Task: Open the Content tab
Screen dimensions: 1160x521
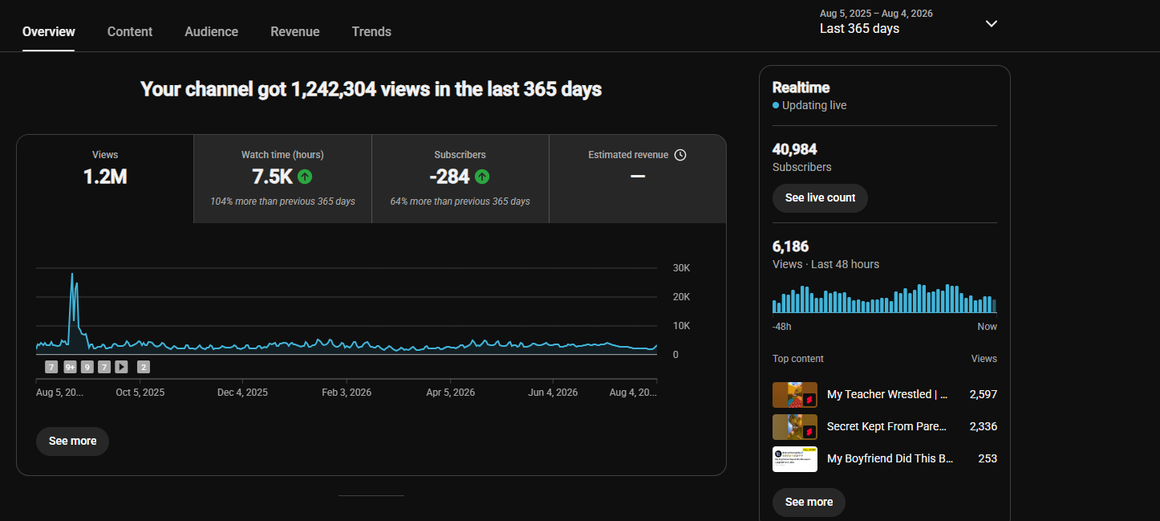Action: tap(129, 31)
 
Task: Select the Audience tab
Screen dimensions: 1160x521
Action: tap(211, 31)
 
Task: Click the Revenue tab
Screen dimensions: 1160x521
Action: tap(294, 31)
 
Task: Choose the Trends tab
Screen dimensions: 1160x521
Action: tap(371, 31)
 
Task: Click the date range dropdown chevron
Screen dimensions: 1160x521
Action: tap(992, 24)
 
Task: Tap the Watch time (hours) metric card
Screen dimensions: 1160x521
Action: tap(282, 179)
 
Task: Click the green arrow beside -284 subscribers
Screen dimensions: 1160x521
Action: tap(482, 177)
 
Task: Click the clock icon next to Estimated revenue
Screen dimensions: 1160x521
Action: tap(680, 155)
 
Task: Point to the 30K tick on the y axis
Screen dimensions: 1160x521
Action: tap(681, 268)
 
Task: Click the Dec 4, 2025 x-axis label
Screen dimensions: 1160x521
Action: tap(242, 393)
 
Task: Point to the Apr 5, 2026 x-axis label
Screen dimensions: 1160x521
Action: tap(451, 393)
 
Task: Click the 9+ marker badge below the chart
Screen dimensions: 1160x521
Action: tap(70, 367)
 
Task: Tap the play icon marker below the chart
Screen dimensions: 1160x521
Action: tap(121, 367)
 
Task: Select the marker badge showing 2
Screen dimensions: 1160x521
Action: tap(144, 367)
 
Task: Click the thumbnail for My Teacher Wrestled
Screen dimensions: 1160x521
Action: tap(795, 395)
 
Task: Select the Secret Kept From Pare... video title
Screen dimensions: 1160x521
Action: tap(886, 426)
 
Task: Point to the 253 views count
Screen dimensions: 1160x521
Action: tap(988, 459)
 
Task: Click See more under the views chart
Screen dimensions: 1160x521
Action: tap(72, 442)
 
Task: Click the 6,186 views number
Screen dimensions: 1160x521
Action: tap(790, 246)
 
